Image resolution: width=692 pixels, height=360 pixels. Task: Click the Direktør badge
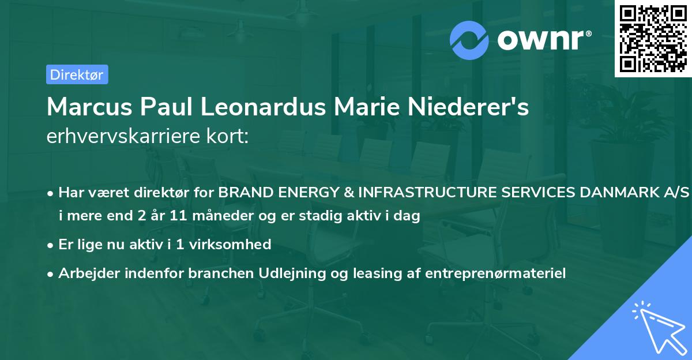point(76,74)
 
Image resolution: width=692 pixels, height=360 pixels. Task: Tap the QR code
point(652,38)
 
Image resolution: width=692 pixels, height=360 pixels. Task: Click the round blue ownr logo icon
point(469,40)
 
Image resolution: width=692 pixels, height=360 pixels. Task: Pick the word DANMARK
point(623,193)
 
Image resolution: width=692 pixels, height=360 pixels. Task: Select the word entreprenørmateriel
point(495,272)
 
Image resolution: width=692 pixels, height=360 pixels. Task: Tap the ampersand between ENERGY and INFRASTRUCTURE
point(349,193)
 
